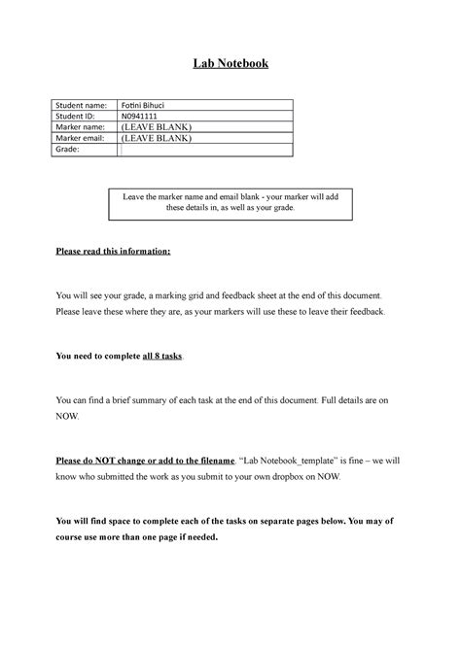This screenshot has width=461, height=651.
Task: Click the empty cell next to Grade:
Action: coord(204,151)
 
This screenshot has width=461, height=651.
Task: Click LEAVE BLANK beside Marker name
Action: coord(155,127)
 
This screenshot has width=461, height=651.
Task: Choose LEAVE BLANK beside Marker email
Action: coord(155,139)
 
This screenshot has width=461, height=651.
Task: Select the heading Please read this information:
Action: coord(112,252)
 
